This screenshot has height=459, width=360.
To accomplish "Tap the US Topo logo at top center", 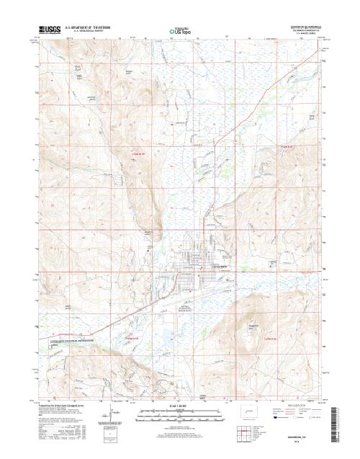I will [x=179, y=31].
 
